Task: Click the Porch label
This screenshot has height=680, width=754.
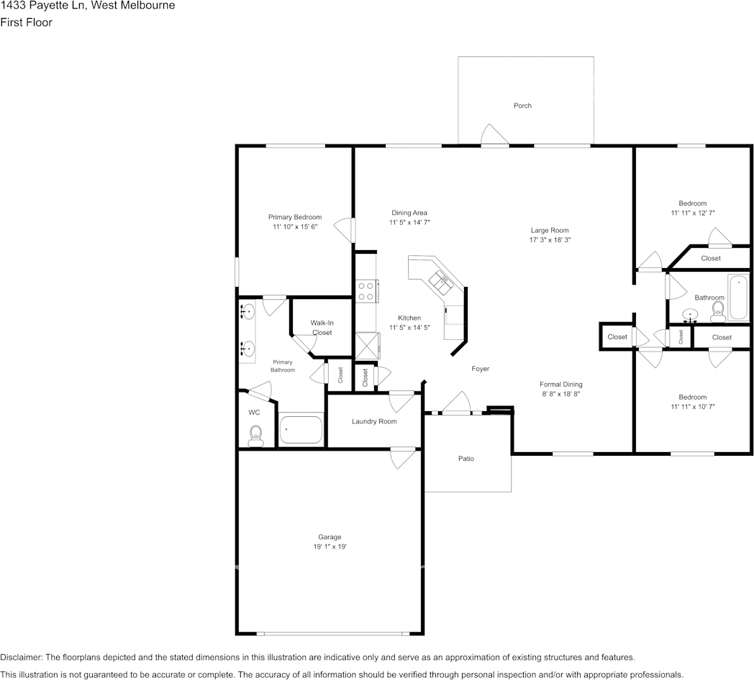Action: [x=522, y=106]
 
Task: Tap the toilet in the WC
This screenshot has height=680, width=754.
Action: [x=255, y=436]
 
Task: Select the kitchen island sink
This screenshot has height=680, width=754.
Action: [x=442, y=281]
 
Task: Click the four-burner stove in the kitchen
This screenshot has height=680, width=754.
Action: [x=366, y=291]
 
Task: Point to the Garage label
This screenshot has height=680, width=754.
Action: [x=330, y=537]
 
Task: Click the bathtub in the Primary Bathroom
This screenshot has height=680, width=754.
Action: [x=301, y=430]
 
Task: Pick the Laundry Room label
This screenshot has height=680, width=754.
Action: [x=374, y=421]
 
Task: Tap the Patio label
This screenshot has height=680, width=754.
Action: [x=466, y=459]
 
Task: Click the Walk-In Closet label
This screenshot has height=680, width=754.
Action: [x=322, y=328]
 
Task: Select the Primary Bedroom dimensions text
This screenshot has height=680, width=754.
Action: [x=295, y=227]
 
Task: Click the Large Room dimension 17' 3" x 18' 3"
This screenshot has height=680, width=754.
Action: [x=550, y=240]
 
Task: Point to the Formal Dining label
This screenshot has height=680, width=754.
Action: [x=560, y=385]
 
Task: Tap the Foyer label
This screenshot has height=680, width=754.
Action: [x=481, y=369]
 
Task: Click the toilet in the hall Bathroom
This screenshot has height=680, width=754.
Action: [x=718, y=313]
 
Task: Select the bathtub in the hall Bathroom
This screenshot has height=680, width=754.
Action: [x=738, y=298]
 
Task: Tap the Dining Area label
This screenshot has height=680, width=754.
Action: [x=409, y=213]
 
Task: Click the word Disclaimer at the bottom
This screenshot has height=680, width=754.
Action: [x=21, y=658]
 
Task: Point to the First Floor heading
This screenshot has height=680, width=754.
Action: [x=26, y=22]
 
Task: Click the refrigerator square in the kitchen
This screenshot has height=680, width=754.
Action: [x=367, y=346]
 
